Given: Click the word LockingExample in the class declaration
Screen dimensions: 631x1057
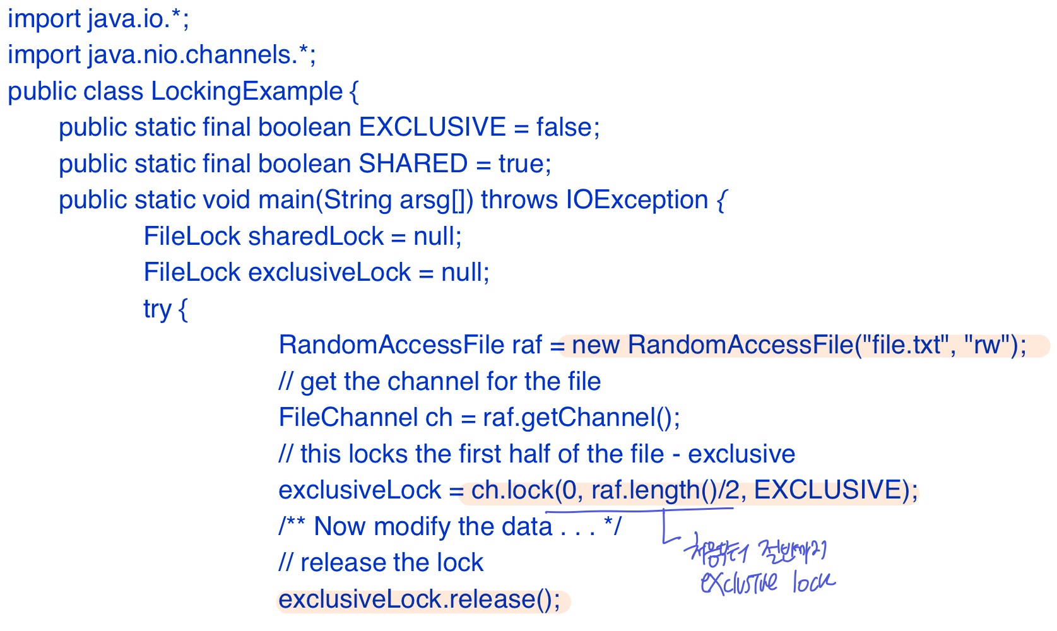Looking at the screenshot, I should (x=246, y=92).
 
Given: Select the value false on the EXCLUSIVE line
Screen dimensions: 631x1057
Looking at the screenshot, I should (x=564, y=128).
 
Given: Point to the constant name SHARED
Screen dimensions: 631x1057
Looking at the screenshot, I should (x=413, y=164).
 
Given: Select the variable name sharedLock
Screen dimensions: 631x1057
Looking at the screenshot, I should (x=316, y=237).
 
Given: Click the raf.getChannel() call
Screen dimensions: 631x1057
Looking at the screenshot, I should (x=581, y=418).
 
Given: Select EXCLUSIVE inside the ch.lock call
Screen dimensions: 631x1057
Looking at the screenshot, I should (x=827, y=490).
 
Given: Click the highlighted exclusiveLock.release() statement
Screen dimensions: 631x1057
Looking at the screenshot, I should (x=419, y=600).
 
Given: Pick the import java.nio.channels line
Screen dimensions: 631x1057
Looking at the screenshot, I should (x=162, y=56).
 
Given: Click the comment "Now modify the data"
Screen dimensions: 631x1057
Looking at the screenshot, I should (x=433, y=527).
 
